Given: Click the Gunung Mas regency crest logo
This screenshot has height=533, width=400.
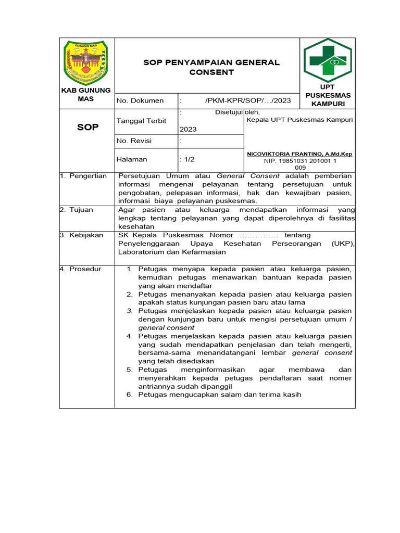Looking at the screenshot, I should (86, 62).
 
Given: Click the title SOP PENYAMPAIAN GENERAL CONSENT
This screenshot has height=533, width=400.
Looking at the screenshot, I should (211, 67).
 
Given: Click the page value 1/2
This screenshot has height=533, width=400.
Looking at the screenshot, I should (188, 159).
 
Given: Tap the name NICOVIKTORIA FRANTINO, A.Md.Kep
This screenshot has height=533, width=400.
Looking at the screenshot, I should (299, 155).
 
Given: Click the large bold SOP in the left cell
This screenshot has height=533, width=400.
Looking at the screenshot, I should (87, 127).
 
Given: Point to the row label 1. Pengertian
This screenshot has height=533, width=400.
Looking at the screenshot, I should (83, 176).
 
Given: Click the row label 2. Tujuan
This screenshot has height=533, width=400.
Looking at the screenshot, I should (77, 210).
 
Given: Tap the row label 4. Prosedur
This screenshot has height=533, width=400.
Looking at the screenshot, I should (81, 269).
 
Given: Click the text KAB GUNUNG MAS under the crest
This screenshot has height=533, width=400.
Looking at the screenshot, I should (86, 95).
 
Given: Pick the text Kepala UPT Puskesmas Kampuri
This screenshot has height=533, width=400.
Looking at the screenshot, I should (299, 120).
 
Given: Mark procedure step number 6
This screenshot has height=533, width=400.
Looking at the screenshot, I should (130, 395).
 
